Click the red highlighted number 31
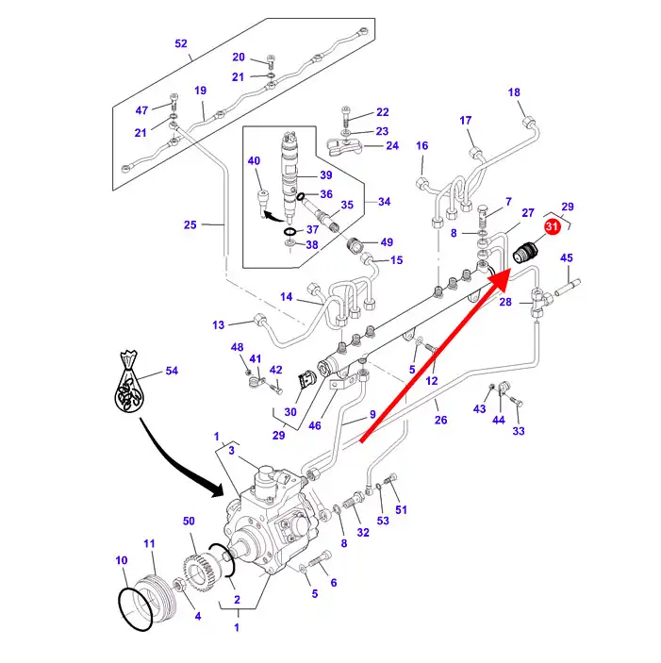point(553,226)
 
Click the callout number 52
point(181,43)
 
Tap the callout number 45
point(566,257)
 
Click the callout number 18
point(514,92)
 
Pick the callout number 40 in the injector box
point(254,161)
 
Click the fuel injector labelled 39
point(289,160)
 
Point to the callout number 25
point(190,224)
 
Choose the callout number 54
point(172,371)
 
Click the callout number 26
point(440,421)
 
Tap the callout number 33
point(518,431)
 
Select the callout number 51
point(401,510)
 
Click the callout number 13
point(219,325)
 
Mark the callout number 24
point(391,146)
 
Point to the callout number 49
point(387,242)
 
